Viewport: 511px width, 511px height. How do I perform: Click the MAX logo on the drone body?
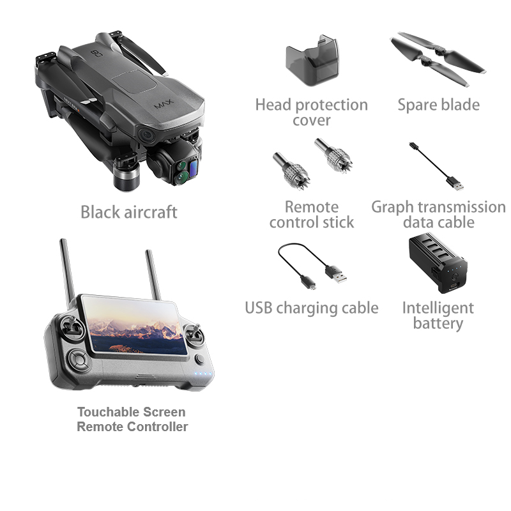[x=164, y=104]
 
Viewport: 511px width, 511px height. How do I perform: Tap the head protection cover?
[x=312, y=60]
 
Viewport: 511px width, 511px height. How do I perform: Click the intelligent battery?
[x=438, y=263]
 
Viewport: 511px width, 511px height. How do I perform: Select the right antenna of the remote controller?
[x=153, y=275]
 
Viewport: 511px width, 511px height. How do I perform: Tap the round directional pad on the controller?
[x=78, y=360]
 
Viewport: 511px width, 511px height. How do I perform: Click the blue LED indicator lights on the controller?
[x=203, y=374]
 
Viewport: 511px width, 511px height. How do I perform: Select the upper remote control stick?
[x=333, y=156]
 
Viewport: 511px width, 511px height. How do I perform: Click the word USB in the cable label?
[x=259, y=308]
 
